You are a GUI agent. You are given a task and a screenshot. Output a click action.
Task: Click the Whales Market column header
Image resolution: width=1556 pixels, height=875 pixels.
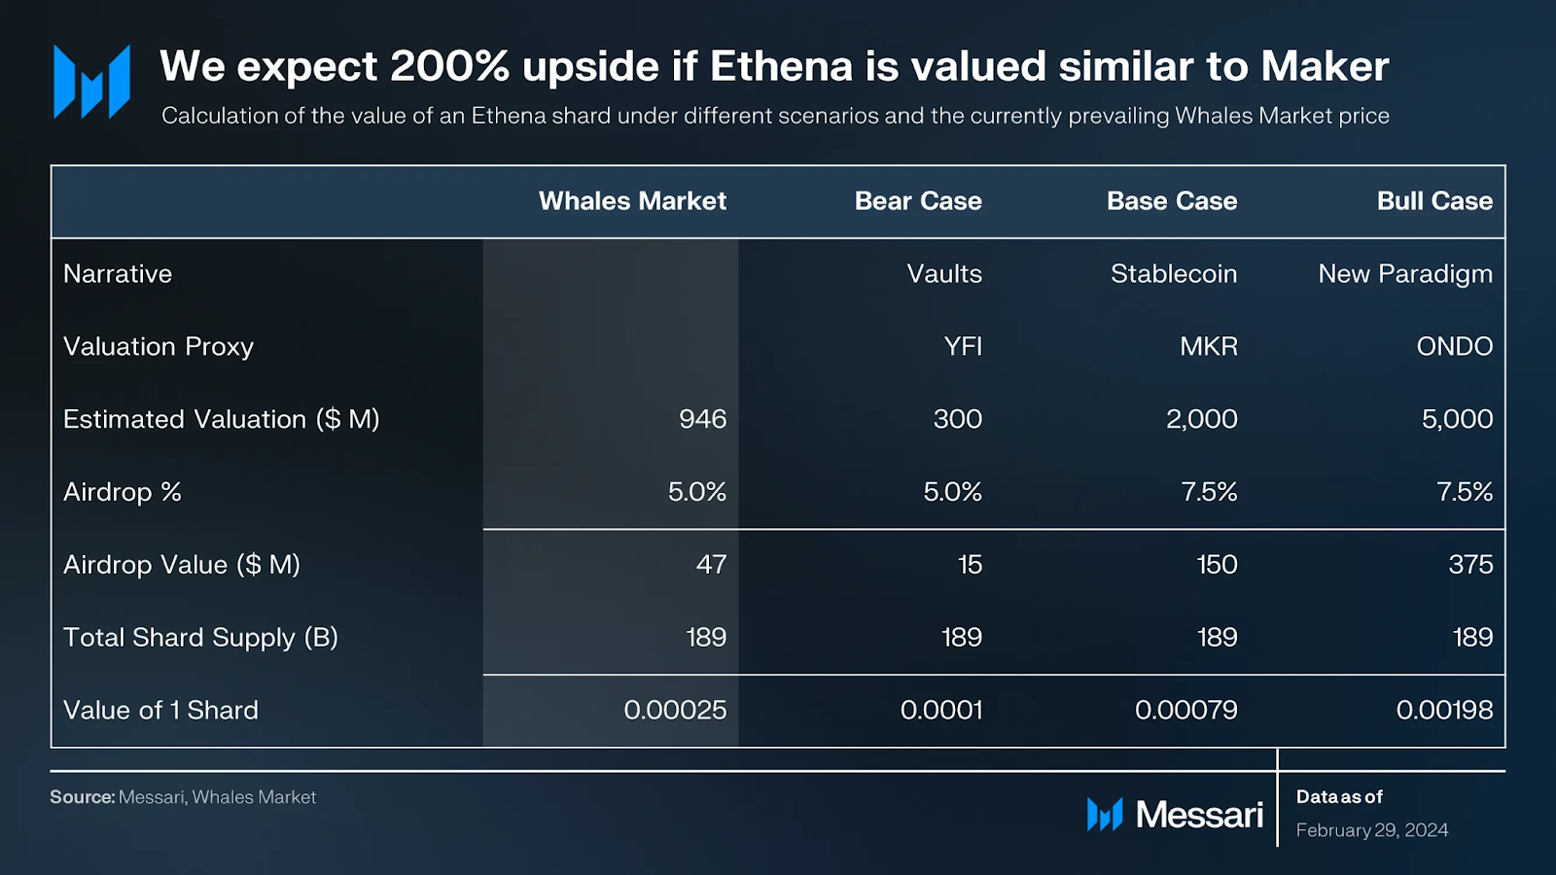[632, 201]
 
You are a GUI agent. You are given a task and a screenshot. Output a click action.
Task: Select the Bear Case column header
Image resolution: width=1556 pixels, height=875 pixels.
[918, 201]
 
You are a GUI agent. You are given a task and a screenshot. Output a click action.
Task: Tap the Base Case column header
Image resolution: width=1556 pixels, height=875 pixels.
[1172, 201]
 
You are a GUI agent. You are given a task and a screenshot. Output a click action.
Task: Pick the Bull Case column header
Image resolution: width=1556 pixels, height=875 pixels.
[1434, 201]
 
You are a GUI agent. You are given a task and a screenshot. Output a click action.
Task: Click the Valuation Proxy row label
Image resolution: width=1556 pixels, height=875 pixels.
[159, 347]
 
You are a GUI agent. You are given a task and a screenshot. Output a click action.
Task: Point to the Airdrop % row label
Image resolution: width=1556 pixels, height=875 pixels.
[123, 492]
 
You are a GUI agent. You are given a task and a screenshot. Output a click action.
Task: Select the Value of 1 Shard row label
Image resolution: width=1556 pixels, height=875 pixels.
[160, 711]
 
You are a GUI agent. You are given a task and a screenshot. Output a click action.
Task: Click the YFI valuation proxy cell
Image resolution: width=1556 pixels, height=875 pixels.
[963, 347]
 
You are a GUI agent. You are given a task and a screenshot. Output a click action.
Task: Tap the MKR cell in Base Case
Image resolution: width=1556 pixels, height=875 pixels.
[1209, 347]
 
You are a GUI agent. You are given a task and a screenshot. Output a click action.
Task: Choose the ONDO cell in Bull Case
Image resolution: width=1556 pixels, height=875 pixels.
[1454, 347]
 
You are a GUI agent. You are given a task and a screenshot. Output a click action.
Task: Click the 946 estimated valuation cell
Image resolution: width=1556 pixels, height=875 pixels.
[702, 419]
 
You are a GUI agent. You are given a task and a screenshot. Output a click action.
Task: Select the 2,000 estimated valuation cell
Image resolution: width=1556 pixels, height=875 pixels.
[1201, 419]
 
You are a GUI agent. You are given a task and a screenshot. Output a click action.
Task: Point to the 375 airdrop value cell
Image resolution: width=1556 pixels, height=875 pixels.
[1470, 565]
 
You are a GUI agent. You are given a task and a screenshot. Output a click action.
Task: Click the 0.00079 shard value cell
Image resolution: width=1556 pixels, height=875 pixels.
[1185, 711]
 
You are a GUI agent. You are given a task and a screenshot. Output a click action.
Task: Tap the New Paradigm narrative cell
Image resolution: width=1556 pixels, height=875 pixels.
[1405, 274]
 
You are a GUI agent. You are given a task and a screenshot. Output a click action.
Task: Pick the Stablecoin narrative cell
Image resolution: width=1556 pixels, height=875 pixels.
[1174, 274]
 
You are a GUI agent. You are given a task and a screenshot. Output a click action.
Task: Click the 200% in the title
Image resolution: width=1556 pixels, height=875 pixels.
[449, 66]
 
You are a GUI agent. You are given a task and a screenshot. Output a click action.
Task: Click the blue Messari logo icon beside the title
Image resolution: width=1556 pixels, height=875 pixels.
[91, 82]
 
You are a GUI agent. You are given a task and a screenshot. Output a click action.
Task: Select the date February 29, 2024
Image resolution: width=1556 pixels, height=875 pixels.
[1372, 830]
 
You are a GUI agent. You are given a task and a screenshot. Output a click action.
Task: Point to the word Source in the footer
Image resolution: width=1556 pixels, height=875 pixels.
[82, 797]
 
